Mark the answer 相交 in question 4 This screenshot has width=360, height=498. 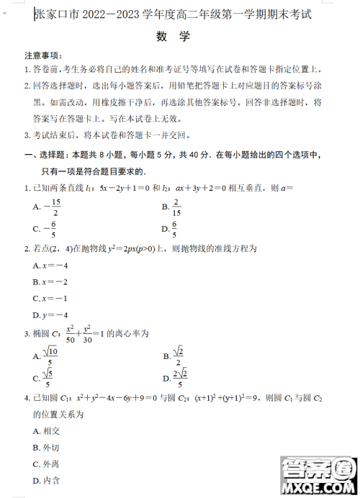46,431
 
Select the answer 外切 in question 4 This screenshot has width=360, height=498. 46,448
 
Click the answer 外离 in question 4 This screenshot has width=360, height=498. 46,464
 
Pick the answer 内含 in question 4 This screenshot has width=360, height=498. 46,481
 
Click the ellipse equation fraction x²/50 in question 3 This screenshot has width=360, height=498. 71,333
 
